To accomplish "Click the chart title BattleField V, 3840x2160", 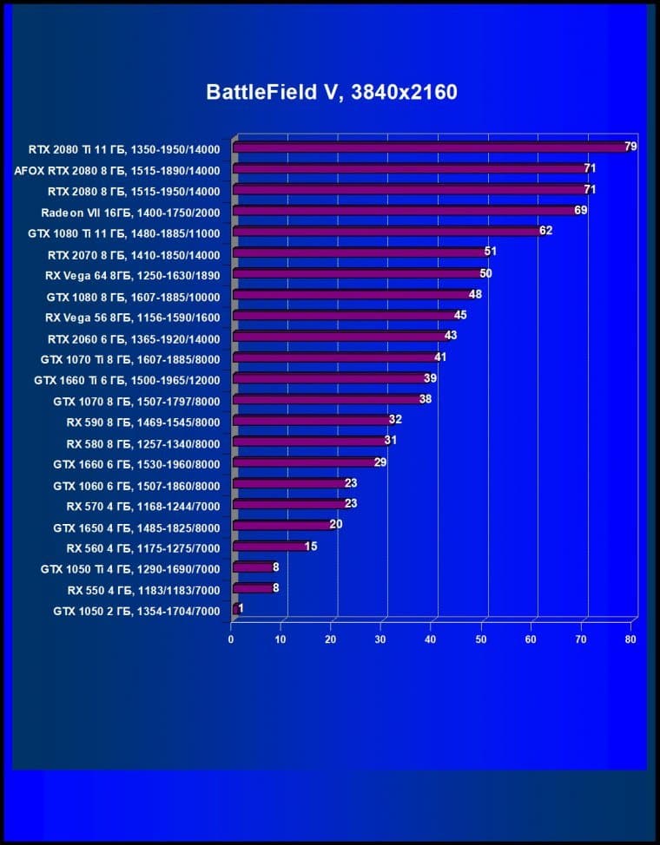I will (x=331, y=93).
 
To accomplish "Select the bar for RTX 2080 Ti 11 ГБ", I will (x=430, y=147).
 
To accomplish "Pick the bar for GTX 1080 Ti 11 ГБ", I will (x=386, y=232).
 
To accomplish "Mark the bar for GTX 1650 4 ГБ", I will (x=281, y=526).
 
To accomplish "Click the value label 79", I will (x=630, y=146).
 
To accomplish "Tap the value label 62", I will (x=545, y=231).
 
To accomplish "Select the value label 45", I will (x=460, y=315).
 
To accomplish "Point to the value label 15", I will (x=311, y=547).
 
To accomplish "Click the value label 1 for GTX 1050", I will (x=240, y=609).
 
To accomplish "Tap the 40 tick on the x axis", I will (x=431, y=640).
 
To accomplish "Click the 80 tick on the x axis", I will (x=630, y=640).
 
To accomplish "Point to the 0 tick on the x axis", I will (x=231, y=640).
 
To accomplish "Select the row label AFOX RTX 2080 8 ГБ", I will (x=117, y=170).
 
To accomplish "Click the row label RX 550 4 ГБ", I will (x=143, y=590).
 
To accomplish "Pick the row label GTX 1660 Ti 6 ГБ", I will (x=127, y=380).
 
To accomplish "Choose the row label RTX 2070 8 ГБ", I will (x=134, y=254).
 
